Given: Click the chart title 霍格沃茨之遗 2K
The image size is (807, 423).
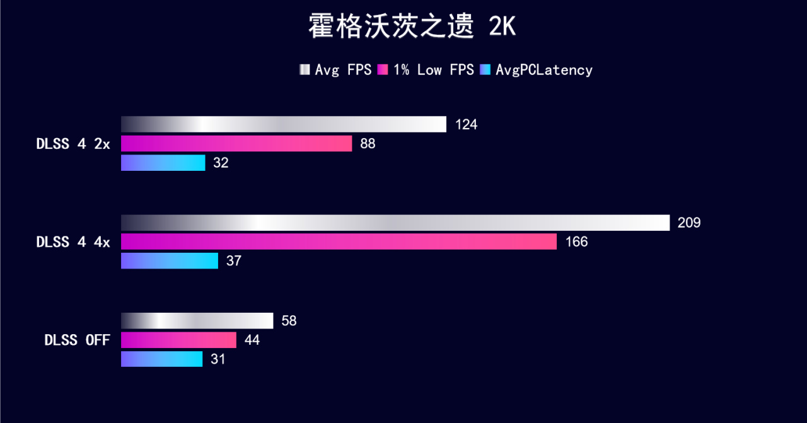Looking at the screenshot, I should point(412,27).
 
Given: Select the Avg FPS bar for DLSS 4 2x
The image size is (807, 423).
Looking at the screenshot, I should point(283,124).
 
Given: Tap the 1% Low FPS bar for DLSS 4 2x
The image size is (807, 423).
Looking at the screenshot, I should point(236,144).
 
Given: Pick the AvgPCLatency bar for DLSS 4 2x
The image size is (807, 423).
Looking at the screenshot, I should point(163,163).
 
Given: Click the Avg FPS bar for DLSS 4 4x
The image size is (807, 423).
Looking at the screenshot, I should point(395,223).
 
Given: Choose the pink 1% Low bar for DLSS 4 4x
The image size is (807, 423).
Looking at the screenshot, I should point(339,241).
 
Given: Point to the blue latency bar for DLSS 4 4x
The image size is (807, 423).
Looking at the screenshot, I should point(169,260).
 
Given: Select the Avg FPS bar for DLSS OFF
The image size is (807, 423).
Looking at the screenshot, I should point(197,321).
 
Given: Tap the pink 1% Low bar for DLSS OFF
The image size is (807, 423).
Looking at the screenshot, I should point(178,340).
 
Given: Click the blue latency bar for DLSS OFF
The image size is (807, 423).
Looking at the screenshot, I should point(161,359).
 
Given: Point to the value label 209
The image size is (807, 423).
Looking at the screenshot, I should point(689,223).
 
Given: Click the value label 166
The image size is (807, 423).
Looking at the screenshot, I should point(576,241).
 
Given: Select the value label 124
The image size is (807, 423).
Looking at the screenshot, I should point(466,124).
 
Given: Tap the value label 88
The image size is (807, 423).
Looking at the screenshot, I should point(368,144).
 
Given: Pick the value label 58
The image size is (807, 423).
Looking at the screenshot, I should point(289,321).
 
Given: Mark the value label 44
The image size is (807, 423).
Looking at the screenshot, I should point(252,340).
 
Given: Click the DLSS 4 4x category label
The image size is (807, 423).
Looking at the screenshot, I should point(73,242).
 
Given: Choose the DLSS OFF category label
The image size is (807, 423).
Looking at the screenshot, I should point(77,340).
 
